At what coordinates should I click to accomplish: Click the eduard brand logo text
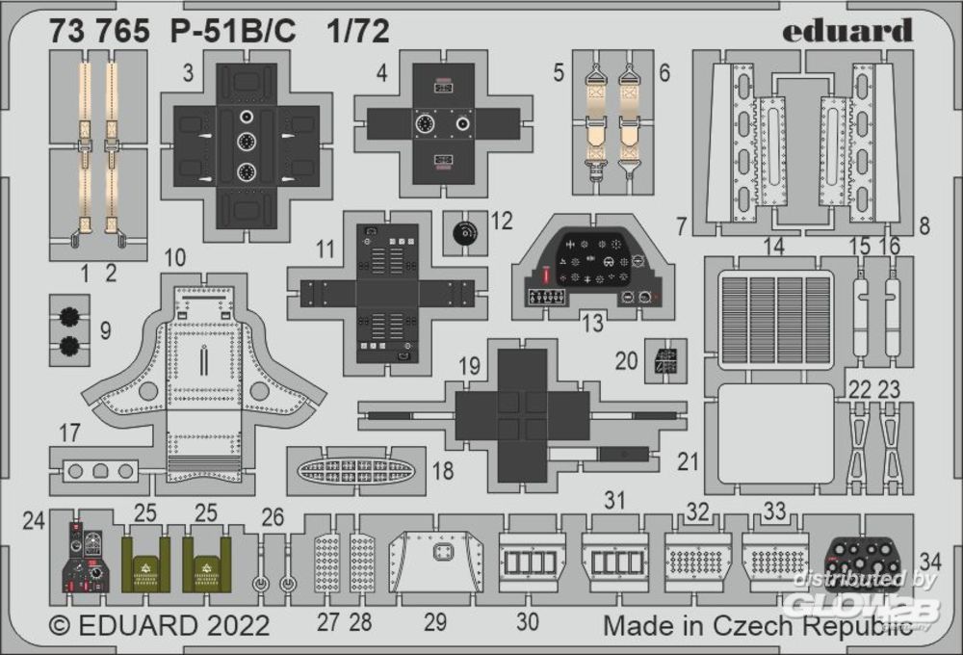point(846,30)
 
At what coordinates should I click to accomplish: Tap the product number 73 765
point(99,32)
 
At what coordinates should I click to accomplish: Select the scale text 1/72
point(358,32)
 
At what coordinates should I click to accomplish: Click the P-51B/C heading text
point(233,32)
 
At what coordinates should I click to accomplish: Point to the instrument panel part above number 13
point(593,266)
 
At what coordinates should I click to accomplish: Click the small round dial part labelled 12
point(464,233)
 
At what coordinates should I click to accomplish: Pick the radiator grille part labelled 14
point(775,320)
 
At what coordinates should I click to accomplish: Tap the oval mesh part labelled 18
point(356,472)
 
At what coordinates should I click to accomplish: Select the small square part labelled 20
point(665,360)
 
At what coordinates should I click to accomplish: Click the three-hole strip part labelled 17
point(100,472)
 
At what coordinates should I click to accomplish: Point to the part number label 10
point(175,258)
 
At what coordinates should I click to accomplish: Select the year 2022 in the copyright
point(239,625)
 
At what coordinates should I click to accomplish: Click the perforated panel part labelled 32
point(697,560)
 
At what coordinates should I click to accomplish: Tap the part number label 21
point(688,461)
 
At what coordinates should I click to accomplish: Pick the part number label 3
point(188,72)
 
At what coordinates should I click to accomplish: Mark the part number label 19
point(469,367)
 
